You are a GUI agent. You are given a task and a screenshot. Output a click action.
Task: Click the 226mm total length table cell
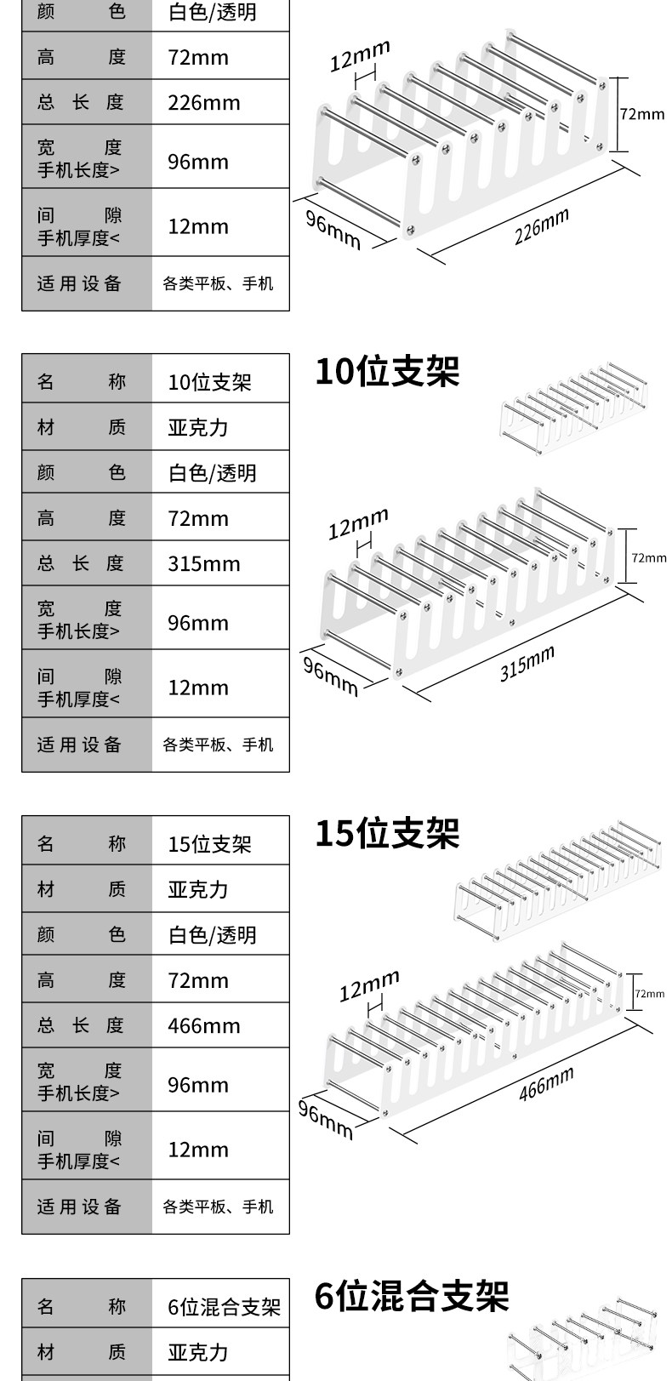click(204, 103)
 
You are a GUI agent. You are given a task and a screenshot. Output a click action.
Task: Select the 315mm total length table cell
click(204, 564)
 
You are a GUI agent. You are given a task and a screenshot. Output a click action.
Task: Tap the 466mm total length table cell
click(204, 1026)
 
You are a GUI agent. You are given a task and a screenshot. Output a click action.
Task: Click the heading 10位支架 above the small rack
click(387, 372)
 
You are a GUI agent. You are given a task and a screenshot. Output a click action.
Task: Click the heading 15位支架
click(387, 833)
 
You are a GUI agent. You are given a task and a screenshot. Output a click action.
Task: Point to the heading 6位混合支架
click(412, 1297)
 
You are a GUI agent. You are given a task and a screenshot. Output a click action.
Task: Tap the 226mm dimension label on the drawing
click(541, 227)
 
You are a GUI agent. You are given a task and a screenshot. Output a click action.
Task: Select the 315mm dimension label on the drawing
click(527, 664)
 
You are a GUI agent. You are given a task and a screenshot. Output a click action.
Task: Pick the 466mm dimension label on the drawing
click(546, 1083)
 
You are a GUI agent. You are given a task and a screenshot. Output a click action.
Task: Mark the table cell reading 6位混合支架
click(224, 1307)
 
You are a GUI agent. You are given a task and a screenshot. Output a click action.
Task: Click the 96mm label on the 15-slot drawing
click(324, 1121)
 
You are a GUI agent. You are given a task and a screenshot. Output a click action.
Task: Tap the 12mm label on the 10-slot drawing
click(358, 524)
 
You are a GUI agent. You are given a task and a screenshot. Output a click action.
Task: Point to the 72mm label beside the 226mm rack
click(641, 114)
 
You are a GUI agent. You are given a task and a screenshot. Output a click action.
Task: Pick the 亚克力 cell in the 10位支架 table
click(198, 427)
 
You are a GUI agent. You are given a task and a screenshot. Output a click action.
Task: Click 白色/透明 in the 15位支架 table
click(213, 935)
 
